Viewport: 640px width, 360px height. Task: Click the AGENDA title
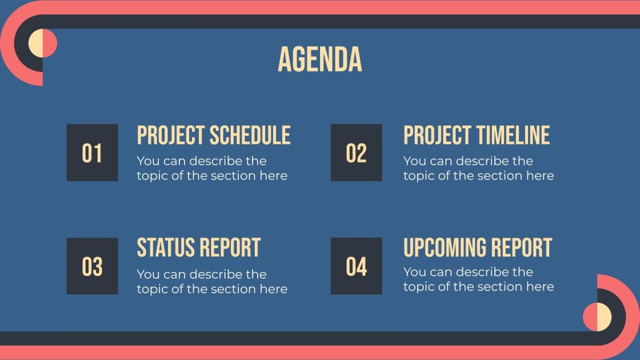coord(319,59)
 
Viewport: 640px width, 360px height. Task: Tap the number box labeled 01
coord(92,153)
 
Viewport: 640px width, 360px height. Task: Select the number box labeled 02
coord(356,153)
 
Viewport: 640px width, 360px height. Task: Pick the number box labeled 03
coord(92,266)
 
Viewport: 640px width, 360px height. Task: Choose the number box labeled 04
coord(356,266)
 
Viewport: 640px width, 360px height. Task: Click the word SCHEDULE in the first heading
coord(250,135)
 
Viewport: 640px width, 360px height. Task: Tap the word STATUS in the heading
coord(165,248)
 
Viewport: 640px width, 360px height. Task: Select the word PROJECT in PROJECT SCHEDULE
coord(171,135)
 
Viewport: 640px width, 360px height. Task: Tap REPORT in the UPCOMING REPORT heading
coord(523,248)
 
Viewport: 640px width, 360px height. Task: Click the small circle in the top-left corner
coord(43,43)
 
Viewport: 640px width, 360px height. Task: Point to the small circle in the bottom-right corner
coord(597,317)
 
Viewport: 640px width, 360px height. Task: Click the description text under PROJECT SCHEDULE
coord(211,169)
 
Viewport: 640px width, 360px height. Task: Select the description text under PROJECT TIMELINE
coord(478,169)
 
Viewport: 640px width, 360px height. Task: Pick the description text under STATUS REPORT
coord(211,282)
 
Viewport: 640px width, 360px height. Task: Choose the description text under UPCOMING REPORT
coord(478,279)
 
